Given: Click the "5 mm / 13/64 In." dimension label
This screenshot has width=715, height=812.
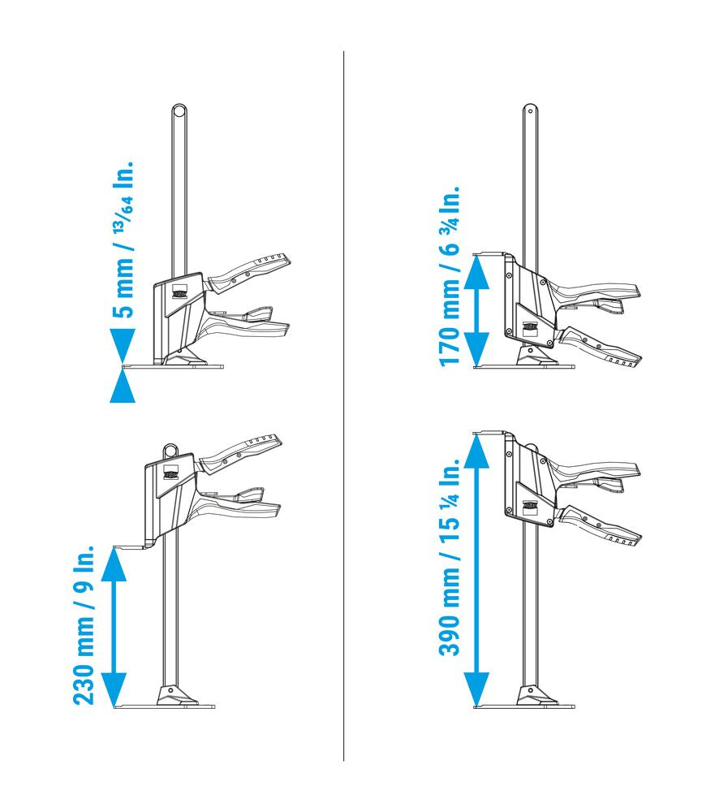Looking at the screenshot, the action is pos(123,240).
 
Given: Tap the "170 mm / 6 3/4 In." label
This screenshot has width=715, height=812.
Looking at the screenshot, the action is pos(449,276).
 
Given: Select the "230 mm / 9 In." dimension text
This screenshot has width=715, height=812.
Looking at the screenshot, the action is pos(83,624).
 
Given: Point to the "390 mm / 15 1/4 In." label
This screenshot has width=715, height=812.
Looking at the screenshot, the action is pos(449,557).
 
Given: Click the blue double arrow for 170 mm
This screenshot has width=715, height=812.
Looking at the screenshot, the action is pos(476,311).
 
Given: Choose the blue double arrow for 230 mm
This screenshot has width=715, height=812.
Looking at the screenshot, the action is pos(114,627).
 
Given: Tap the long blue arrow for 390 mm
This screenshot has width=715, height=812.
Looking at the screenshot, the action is pos(476,570).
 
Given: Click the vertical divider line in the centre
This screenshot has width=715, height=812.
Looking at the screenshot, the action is pos(343,405).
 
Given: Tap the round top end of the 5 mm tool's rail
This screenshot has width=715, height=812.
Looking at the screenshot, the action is pos(179,110).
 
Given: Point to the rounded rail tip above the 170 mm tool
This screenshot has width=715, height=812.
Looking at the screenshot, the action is pos(530,110).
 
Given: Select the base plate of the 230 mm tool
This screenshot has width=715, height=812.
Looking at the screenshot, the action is pos(164,706).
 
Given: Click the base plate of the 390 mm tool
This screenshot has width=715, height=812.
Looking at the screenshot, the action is pos(524,706).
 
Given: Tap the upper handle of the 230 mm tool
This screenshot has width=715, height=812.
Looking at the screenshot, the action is pos(241,454).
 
